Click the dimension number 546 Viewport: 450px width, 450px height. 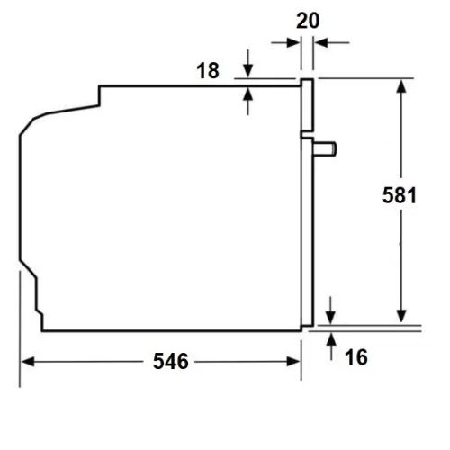171,361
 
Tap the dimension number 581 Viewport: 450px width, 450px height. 400,195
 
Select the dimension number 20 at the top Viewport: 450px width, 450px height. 308,21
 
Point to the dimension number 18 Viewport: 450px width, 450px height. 208,71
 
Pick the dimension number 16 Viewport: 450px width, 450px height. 356,357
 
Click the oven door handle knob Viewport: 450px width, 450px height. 325,149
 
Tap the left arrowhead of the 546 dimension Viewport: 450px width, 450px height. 28,362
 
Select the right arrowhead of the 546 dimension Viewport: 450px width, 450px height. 293,362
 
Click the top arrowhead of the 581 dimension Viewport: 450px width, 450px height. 401,85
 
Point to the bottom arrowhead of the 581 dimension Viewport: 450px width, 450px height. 401,316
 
